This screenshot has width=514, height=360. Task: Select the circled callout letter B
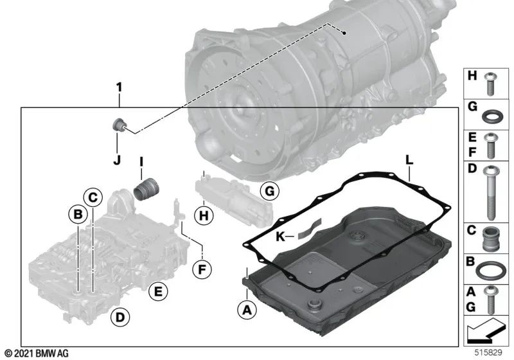coord(77,213)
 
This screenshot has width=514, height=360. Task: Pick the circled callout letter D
coord(118,316)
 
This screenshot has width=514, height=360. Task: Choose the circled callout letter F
coord(201,269)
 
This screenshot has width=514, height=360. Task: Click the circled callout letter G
coord(269,191)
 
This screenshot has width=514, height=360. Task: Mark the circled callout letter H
coord(204,217)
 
